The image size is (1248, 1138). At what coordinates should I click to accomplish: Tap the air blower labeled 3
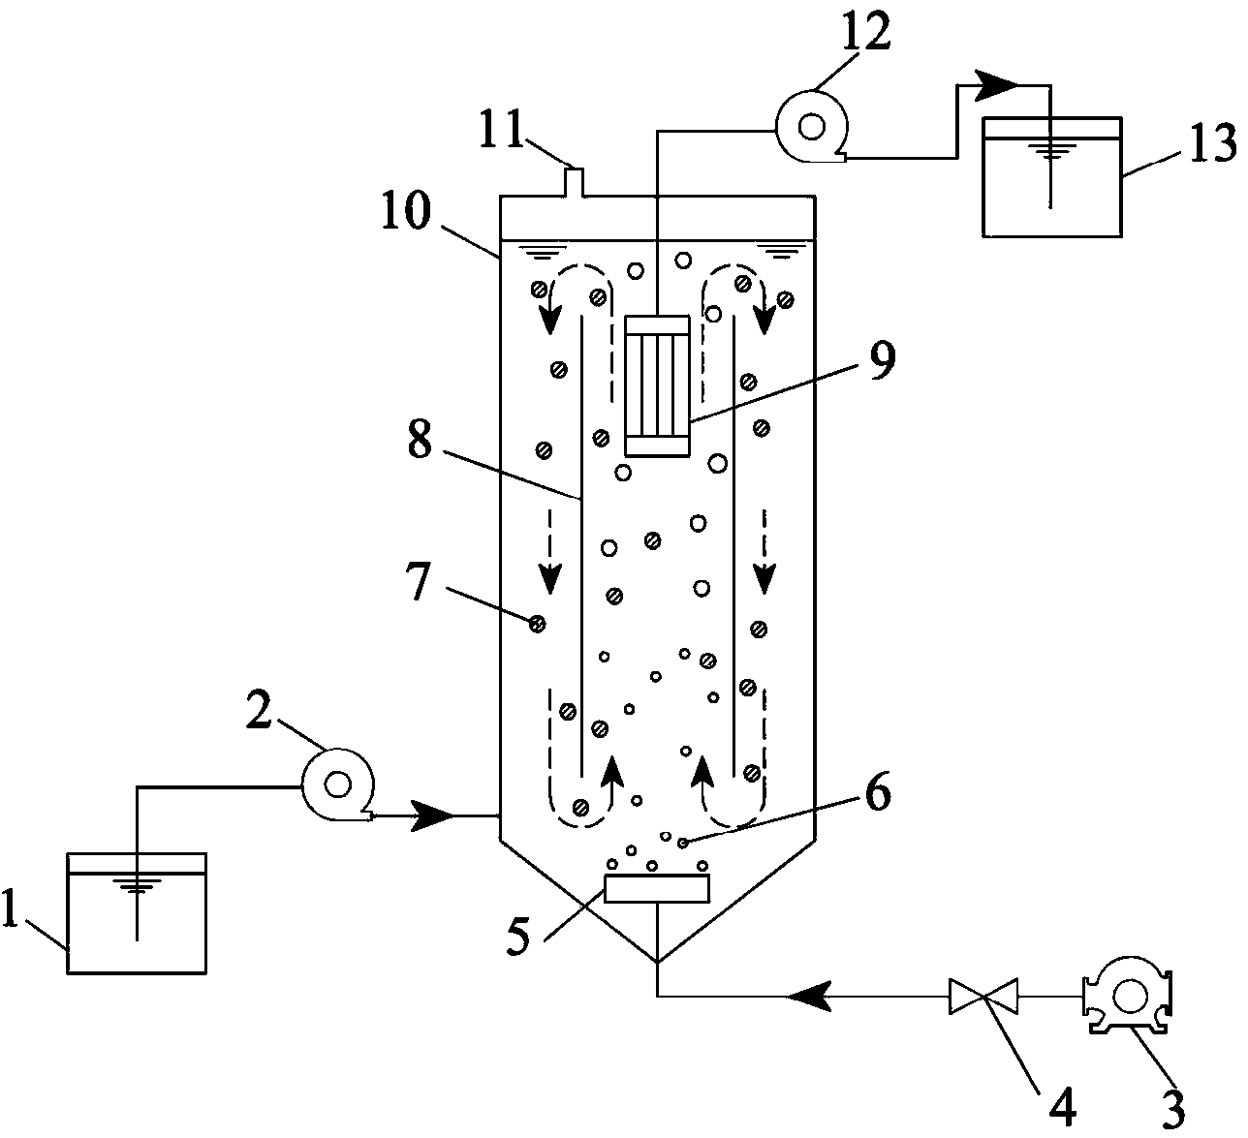(1127, 997)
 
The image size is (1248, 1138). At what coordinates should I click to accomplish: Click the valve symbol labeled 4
(983, 997)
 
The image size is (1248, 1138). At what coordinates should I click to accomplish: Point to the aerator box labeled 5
(657, 888)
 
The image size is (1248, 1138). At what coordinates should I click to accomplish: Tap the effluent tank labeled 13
(1051, 177)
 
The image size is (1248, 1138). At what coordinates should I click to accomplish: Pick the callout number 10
(407, 210)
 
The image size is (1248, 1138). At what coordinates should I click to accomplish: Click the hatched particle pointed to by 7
(537, 624)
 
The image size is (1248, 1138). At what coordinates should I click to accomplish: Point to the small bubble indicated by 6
(682, 843)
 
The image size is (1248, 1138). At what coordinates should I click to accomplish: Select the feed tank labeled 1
(137, 913)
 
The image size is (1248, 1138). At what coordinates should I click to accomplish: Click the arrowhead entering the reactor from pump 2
(434, 815)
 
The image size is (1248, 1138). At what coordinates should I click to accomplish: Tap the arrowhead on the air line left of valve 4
(810, 997)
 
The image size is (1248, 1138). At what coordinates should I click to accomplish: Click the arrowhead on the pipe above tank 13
(995, 86)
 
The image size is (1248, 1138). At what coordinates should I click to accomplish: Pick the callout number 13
(1213, 142)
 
